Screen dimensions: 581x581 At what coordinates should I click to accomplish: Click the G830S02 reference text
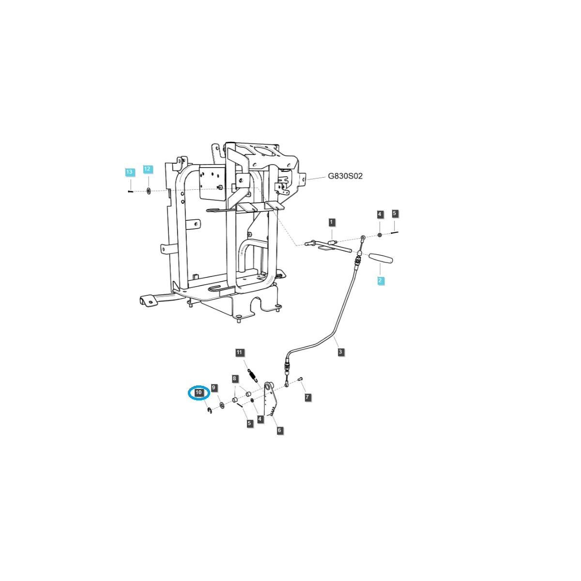click(x=345, y=176)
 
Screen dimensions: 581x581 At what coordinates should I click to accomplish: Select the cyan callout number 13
click(x=129, y=172)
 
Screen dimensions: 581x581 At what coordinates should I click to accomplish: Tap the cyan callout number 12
click(x=148, y=169)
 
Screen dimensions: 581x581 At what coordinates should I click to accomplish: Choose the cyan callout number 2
click(x=381, y=280)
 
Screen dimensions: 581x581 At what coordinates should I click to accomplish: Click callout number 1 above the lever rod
click(x=332, y=222)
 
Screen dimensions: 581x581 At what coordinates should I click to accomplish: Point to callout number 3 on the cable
click(x=341, y=352)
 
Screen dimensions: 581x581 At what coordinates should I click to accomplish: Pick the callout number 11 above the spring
click(x=240, y=352)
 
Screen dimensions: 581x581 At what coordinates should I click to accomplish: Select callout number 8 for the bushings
click(x=234, y=378)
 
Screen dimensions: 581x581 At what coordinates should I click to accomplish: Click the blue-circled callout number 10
click(x=199, y=393)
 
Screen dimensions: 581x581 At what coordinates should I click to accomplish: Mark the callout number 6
click(x=280, y=430)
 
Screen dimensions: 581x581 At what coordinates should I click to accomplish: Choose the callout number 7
click(x=307, y=397)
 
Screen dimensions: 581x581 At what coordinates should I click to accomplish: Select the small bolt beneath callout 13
click(x=130, y=192)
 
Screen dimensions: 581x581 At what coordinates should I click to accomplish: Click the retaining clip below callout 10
click(x=209, y=411)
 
